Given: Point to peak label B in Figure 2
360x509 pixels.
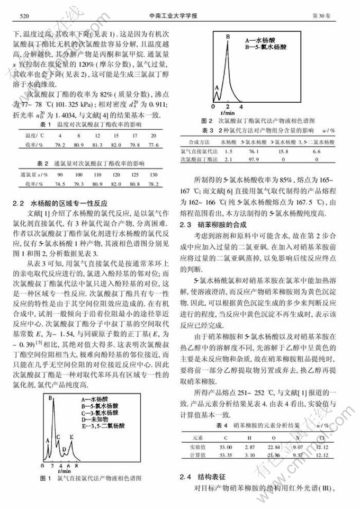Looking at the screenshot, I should tap(228, 37).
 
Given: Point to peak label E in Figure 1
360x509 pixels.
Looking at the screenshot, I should tap(71, 437).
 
